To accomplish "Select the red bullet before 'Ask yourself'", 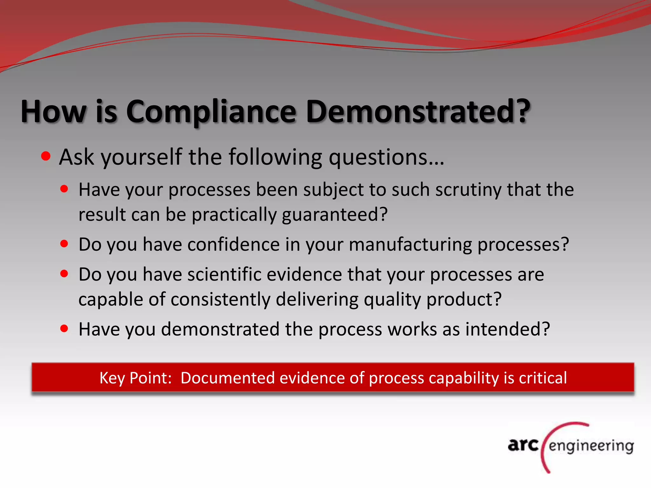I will (x=46, y=156).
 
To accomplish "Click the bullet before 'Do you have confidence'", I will (x=64, y=244).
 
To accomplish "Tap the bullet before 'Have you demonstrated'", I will (x=64, y=329).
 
